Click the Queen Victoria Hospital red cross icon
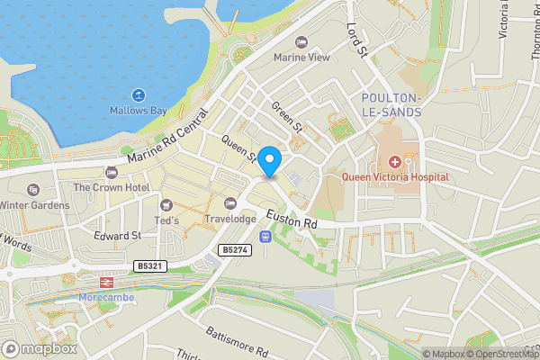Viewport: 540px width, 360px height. pyautogui.click(x=394, y=162)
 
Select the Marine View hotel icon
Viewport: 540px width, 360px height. pyautogui.click(x=301, y=42)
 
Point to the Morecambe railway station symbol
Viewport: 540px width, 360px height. pyautogui.click(x=104, y=281)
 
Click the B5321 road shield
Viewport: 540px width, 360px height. pyautogui.click(x=152, y=266)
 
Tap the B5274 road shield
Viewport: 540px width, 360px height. pyautogui.click(x=234, y=249)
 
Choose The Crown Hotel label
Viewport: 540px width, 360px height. pyautogui.click(x=111, y=187)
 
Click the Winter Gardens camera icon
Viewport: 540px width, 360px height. pyautogui.click(x=33, y=190)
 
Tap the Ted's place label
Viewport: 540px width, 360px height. pyautogui.click(x=167, y=221)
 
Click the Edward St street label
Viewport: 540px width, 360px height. pyautogui.click(x=118, y=236)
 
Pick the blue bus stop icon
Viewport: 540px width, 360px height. pyautogui.click(x=265, y=237)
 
